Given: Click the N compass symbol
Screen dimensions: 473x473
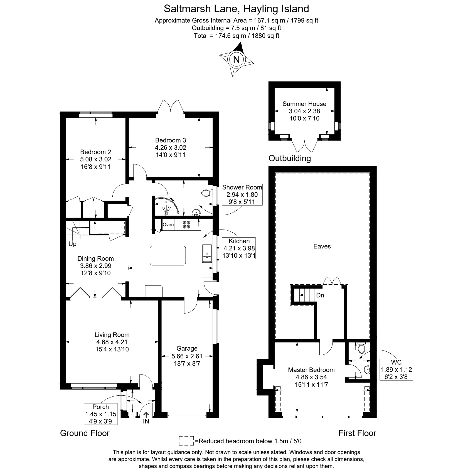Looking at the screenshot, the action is (x=237, y=59).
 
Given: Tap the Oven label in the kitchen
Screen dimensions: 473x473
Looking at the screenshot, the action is (x=168, y=225).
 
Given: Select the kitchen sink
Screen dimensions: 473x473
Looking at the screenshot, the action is (x=207, y=253).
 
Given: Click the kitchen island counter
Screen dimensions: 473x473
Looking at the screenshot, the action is (x=168, y=255).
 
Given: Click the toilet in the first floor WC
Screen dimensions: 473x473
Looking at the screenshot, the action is (x=362, y=348).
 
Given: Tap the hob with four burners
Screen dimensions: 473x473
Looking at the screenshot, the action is (x=186, y=225).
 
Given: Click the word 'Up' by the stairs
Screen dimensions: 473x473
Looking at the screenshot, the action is (x=72, y=244).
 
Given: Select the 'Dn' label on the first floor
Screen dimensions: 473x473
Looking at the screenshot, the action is (x=320, y=295).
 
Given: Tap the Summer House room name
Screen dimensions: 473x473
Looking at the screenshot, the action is (x=304, y=104).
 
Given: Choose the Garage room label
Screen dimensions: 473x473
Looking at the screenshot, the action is (x=187, y=348).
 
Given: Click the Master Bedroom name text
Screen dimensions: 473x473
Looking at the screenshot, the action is (x=311, y=370).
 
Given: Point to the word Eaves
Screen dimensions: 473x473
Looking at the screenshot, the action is (x=322, y=246).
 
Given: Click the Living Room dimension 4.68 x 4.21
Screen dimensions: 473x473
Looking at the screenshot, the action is (x=112, y=342).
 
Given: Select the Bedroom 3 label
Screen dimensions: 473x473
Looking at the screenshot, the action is (x=171, y=140).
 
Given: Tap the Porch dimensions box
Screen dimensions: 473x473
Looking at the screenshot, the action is (x=101, y=414).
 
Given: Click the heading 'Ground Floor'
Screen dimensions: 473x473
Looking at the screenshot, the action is (x=85, y=433).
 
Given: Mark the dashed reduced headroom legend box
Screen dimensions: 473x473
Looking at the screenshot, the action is (x=186, y=441).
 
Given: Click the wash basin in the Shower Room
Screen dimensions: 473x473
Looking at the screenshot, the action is (x=196, y=213).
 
